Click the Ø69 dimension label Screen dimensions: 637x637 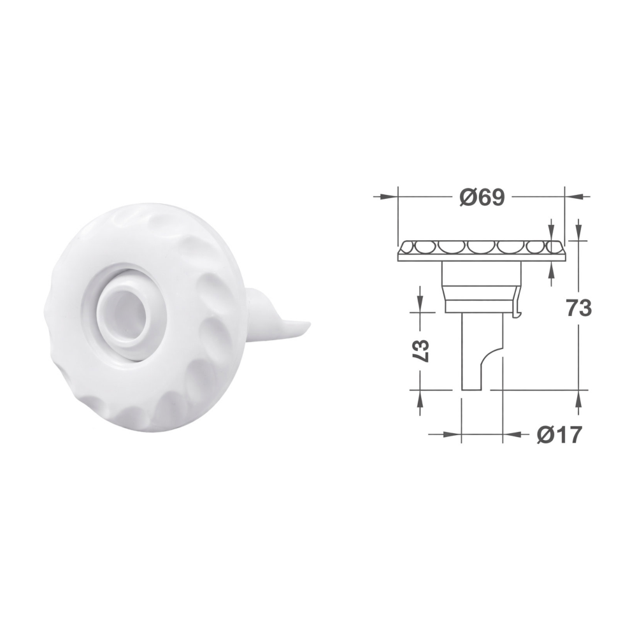point(482,197)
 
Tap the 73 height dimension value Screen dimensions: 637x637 point(579,309)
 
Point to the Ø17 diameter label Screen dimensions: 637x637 point(559,434)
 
